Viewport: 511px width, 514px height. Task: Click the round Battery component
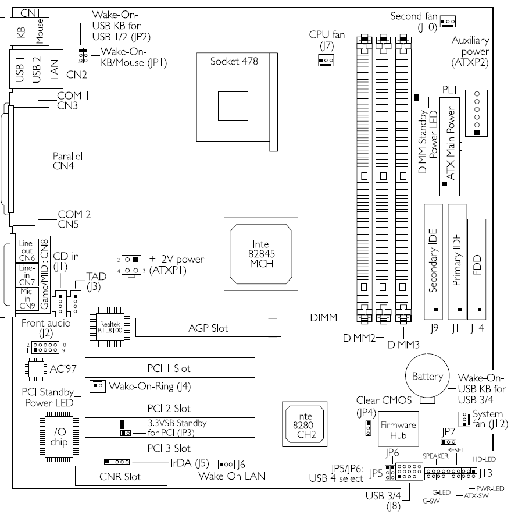[427, 377]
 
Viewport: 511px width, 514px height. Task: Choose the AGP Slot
[208, 328]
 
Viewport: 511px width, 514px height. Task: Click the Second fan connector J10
[448, 22]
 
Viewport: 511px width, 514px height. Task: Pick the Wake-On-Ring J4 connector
[97, 386]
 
